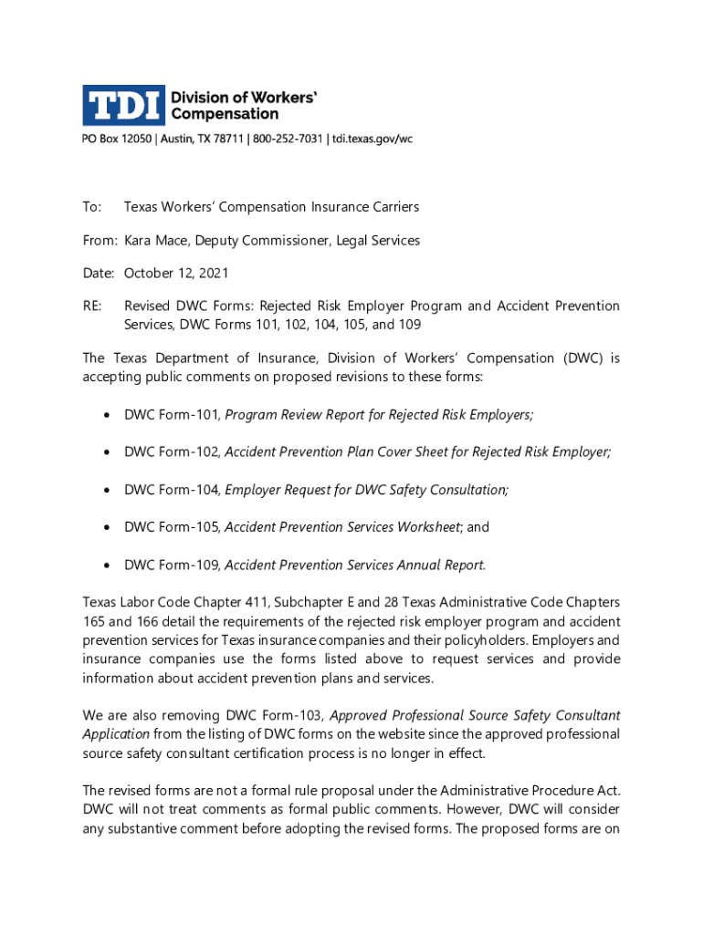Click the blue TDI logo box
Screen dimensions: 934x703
123,105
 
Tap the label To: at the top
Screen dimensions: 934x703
91,207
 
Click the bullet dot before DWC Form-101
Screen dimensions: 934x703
106,416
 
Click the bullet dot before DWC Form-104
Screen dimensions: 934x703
106,491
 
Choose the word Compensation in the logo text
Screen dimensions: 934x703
226,114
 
